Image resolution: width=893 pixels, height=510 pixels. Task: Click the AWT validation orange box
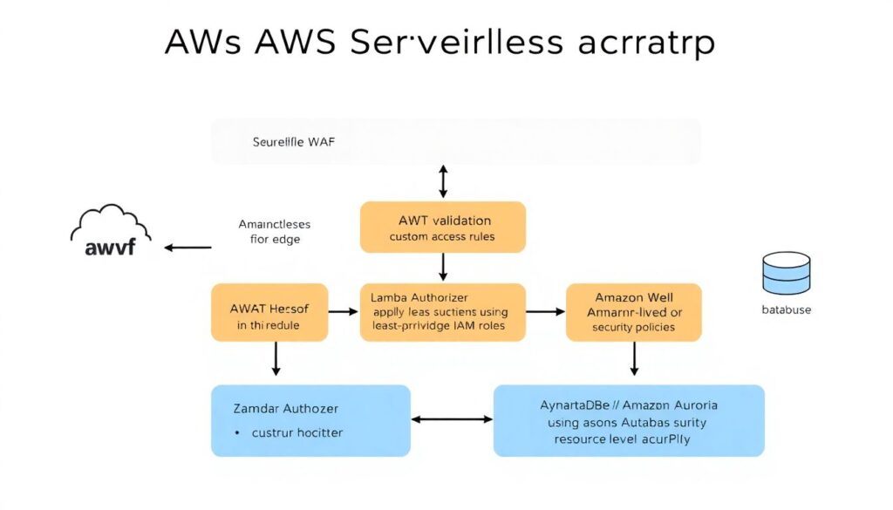[x=442, y=227]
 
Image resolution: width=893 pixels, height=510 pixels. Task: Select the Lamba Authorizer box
[x=442, y=311]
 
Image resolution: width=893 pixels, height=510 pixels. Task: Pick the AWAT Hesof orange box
[x=269, y=311]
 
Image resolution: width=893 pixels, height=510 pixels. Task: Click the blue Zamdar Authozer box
[x=310, y=420]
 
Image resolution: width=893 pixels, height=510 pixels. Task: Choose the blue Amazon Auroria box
[x=629, y=420]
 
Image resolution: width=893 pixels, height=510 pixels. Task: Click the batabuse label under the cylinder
[x=786, y=309]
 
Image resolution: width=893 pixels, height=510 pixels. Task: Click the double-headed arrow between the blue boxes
[x=452, y=419]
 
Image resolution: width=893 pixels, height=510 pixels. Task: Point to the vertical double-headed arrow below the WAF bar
[x=443, y=181]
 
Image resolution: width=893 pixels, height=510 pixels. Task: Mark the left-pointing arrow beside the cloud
[x=187, y=248]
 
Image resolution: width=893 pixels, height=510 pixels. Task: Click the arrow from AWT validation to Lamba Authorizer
[x=443, y=267]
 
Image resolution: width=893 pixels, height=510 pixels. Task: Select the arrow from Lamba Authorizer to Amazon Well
[x=545, y=310]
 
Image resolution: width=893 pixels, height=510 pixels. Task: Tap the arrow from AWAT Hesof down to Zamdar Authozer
[x=276, y=358]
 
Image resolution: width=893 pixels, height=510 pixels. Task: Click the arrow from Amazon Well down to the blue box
[x=634, y=358]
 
